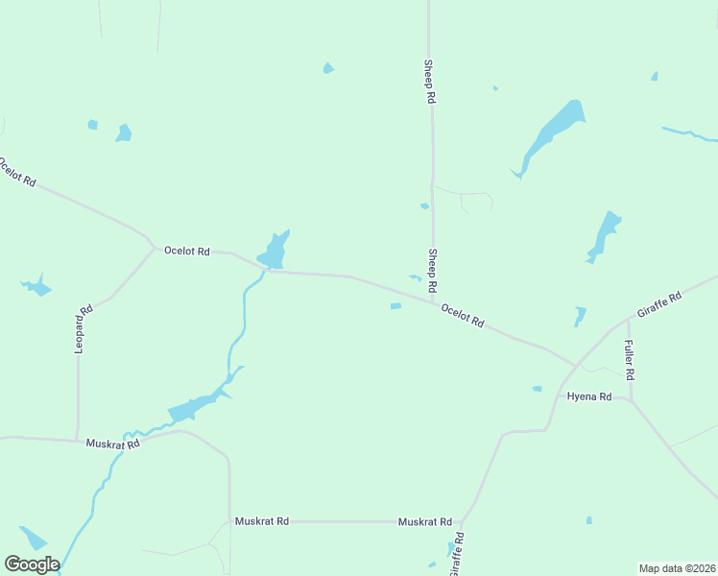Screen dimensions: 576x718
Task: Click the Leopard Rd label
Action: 84,329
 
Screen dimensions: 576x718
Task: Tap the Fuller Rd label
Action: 629,359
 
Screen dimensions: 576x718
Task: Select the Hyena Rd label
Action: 588,396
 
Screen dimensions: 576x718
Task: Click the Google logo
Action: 32,564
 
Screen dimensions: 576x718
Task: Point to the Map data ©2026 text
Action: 677,568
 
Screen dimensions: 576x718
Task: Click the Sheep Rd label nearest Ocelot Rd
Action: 433,272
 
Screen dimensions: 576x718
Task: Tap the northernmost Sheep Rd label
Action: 430,82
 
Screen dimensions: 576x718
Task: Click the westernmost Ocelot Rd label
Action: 17,171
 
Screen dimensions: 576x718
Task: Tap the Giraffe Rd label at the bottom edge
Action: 455,554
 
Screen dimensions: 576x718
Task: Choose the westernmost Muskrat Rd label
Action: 113,444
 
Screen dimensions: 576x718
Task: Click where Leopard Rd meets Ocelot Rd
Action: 153,247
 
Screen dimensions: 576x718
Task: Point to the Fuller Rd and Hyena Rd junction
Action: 630,399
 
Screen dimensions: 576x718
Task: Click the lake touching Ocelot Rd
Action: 274,252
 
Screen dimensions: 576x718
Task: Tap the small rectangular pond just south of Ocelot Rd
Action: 395,306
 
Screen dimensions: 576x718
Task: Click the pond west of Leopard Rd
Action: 36,286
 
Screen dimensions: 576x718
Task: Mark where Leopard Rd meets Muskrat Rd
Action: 78,441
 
